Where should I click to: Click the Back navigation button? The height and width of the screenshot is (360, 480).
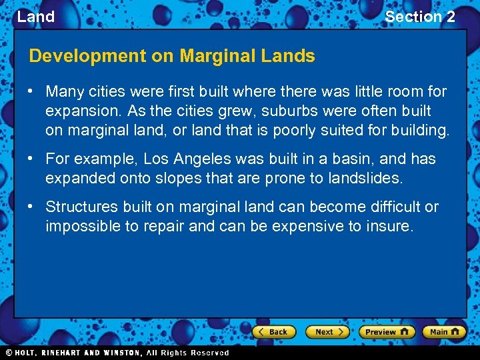click(x=273, y=332)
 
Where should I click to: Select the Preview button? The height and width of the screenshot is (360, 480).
click(x=387, y=332)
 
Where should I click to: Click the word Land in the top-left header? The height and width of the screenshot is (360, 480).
click(x=35, y=17)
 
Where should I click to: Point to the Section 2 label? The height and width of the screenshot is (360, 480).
click(x=420, y=17)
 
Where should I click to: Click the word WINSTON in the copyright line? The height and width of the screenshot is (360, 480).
click(x=120, y=353)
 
